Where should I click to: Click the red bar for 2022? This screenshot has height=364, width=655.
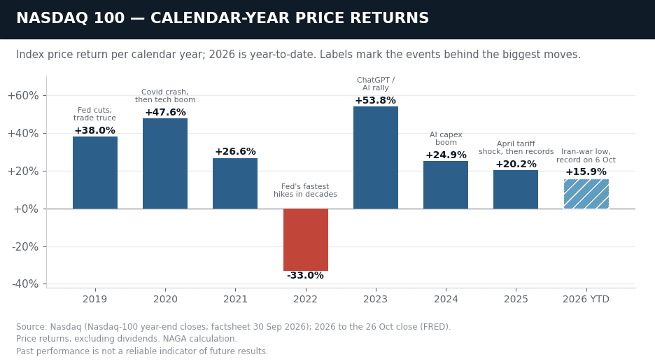pyautogui.click(x=305, y=239)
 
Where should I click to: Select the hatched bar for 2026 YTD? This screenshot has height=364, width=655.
pyautogui.click(x=586, y=194)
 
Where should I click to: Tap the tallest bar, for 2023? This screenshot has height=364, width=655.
pyautogui.click(x=376, y=157)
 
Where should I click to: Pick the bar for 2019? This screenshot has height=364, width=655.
pyautogui.click(x=95, y=173)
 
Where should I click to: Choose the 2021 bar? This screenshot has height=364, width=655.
pyautogui.click(x=235, y=183)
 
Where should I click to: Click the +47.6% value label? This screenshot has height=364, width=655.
pyautogui.click(x=165, y=113)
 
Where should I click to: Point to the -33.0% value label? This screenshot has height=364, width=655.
pyautogui.click(x=305, y=275)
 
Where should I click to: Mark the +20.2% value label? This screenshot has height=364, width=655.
pyautogui.click(x=516, y=164)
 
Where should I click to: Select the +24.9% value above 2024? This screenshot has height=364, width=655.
pyautogui.click(x=446, y=155)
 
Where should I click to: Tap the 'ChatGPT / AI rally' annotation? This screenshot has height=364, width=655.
pyautogui.click(x=376, y=84)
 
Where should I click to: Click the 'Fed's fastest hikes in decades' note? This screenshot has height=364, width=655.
pyautogui.click(x=305, y=190)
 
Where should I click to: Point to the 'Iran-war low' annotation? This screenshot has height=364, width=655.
pyautogui.click(x=586, y=156)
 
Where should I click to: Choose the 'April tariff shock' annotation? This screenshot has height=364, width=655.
pyautogui.click(x=516, y=148)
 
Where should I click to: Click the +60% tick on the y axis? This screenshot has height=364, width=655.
pyautogui.click(x=23, y=96)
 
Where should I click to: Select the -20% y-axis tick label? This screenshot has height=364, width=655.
pyautogui.click(x=25, y=246)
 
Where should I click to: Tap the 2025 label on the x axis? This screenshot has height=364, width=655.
pyautogui.click(x=516, y=299)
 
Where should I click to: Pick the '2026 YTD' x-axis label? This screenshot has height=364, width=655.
pyautogui.click(x=586, y=299)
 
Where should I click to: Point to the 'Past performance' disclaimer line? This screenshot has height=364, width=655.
pyautogui.click(x=142, y=351)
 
